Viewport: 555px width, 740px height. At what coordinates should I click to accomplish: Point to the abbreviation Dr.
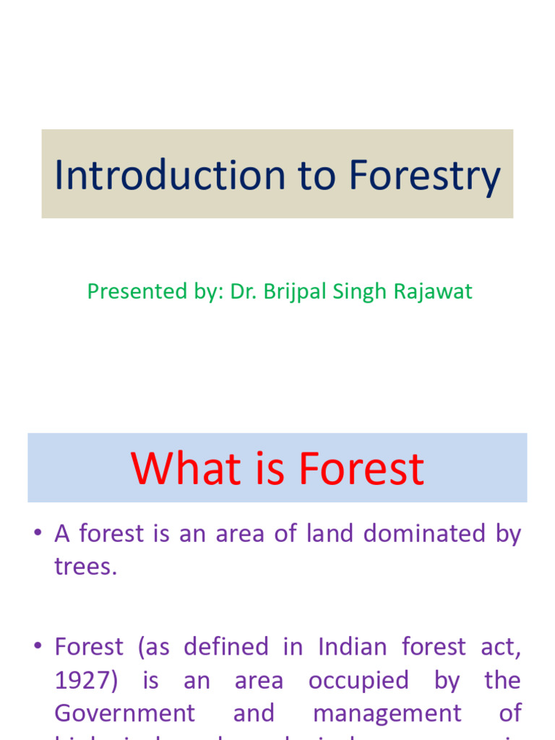coord(241,291)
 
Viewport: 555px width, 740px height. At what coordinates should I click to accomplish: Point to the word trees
coord(84,566)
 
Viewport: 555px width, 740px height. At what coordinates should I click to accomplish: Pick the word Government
coord(124,713)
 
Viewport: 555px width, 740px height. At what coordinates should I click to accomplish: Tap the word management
coord(387,713)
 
